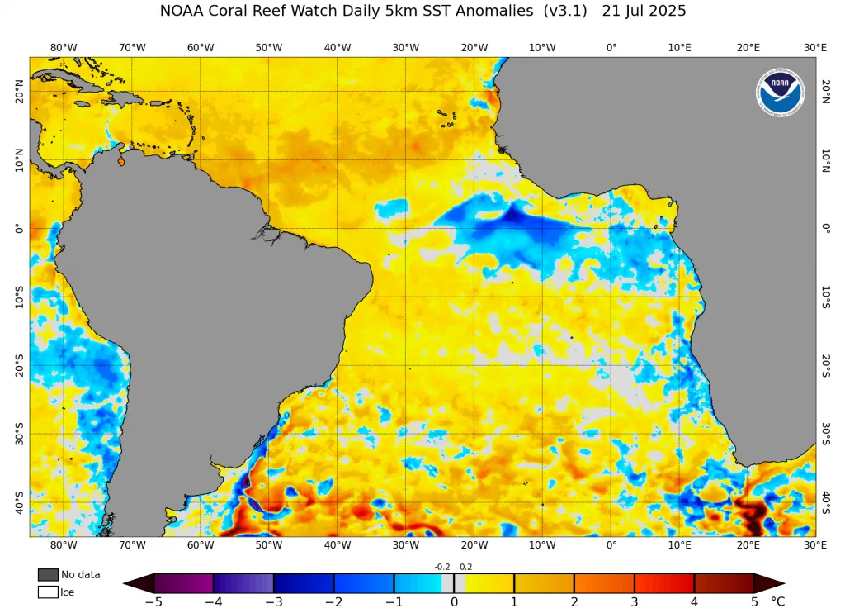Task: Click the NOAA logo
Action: click(x=780, y=92)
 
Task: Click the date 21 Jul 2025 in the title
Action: click(x=644, y=11)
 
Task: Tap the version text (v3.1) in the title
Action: click(x=565, y=11)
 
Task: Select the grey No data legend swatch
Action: click(x=48, y=574)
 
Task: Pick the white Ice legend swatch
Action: click(x=48, y=592)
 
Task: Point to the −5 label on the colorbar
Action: click(x=154, y=601)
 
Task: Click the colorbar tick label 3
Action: click(x=635, y=601)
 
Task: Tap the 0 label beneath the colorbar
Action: click(x=455, y=601)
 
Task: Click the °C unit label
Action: click(x=777, y=601)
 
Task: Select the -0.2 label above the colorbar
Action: click(x=442, y=567)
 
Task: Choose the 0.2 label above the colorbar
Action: click(x=465, y=567)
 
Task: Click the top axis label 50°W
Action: click(x=269, y=47)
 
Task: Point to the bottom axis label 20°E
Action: click(x=748, y=545)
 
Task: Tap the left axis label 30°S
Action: click(x=20, y=434)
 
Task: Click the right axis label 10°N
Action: click(x=825, y=160)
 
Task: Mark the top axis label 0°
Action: click(x=611, y=47)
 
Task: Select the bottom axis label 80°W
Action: click(x=64, y=545)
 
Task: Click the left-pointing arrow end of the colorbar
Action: click(x=139, y=583)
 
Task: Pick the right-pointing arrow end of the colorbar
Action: click(x=770, y=583)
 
